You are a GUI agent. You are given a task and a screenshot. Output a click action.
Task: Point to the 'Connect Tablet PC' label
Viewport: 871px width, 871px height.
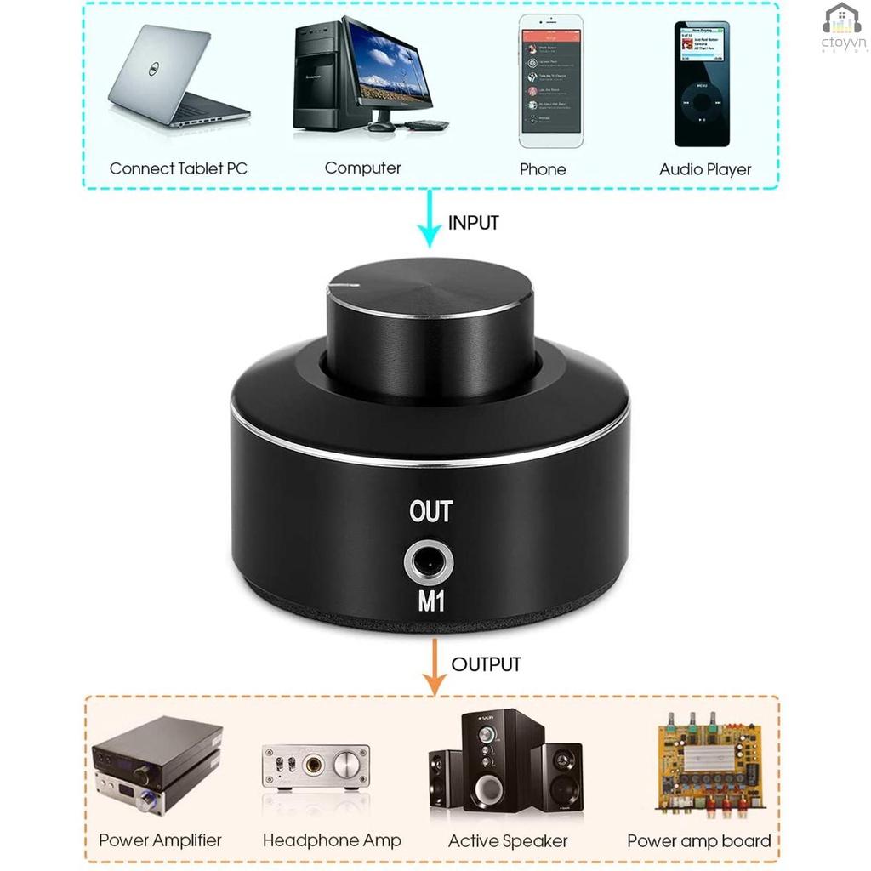[x=178, y=168]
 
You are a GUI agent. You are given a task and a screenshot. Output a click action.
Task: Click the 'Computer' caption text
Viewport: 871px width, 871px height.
[x=362, y=168]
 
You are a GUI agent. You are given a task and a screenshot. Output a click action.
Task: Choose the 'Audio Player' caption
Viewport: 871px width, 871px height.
[x=705, y=169]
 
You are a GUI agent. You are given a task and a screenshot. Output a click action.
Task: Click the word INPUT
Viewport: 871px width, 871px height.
[x=473, y=223]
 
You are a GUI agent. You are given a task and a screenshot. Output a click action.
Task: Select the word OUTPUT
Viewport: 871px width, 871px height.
[x=486, y=664]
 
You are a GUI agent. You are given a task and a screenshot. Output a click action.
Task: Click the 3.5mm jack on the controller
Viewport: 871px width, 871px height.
[x=430, y=562]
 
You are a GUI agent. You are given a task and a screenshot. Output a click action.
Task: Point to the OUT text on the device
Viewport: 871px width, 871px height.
[x=430, y=512]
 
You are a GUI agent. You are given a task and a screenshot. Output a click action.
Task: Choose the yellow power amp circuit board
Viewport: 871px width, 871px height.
[x=708, y=764]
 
